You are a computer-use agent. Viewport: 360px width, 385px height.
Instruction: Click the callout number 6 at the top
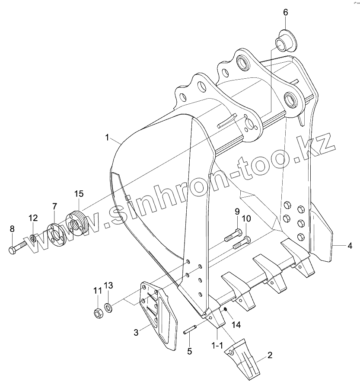[285, 12]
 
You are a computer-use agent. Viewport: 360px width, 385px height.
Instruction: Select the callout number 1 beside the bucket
[107, 138]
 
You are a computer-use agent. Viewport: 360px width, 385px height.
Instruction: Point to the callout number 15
[79, 193]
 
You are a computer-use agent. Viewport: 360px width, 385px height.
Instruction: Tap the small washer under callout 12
[33, 238]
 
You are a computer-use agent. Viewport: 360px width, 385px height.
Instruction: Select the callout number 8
[12, 228]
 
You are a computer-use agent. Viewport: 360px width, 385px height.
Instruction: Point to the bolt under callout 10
[241, 242]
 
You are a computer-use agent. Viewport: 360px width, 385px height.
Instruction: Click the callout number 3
[136, 333]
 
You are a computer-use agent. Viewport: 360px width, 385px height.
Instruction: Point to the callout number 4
[349, 246]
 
